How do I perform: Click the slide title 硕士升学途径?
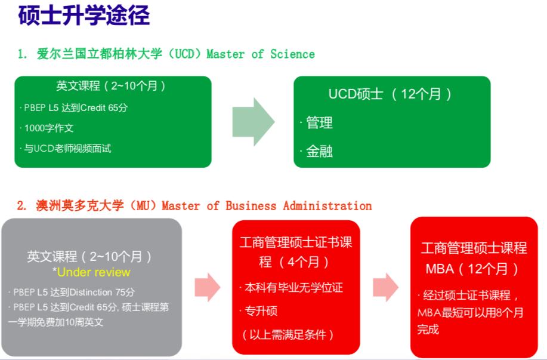[84, 16]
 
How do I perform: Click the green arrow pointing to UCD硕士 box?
[253, 122]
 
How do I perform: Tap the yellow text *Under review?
[94, 272]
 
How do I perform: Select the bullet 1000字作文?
[49, 128]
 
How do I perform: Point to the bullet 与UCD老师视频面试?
[67, 148]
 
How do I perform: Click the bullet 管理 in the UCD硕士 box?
[319, 123]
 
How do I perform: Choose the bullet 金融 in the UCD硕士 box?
[319, 152]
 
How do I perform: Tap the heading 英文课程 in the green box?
[112, 86]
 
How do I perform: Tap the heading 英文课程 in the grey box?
[90, 257]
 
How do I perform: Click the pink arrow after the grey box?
[207, 287]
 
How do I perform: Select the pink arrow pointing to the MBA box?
[385, 287]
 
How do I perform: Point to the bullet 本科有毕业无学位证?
[294, 288]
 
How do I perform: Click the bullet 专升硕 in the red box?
[261, 311]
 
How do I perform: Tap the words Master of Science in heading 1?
[261, 54]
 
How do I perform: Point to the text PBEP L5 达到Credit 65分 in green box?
[76, 108]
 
